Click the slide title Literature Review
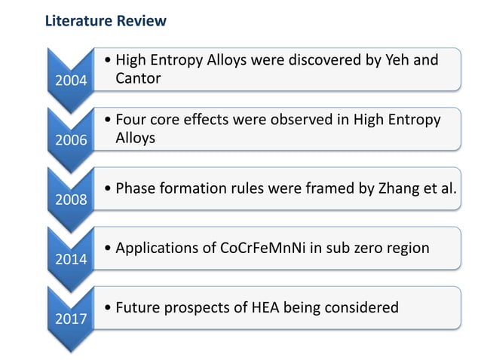[106, 21]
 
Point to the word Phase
[136, 187]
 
